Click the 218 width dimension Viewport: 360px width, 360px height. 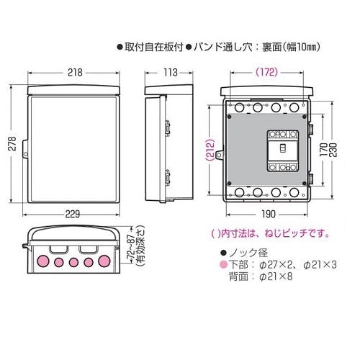[75, 73]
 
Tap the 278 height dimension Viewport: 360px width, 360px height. [12, 143]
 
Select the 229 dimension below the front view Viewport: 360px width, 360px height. [73, 214]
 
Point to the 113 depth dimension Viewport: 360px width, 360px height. [170, 73]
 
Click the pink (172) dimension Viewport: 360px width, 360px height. [266, 72]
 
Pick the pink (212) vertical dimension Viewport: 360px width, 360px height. [210, 150]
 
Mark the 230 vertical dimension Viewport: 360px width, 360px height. [333, 150]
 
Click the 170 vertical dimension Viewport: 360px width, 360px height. [323, 150]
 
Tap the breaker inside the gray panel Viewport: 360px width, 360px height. [283, 151]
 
